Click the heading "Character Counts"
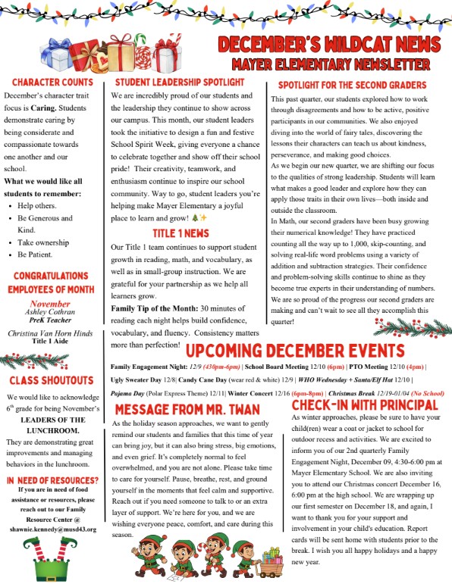coord(52,82)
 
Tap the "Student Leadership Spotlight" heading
coord(179,82)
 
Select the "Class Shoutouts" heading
coord(53,380)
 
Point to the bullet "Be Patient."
coord(39,255)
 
